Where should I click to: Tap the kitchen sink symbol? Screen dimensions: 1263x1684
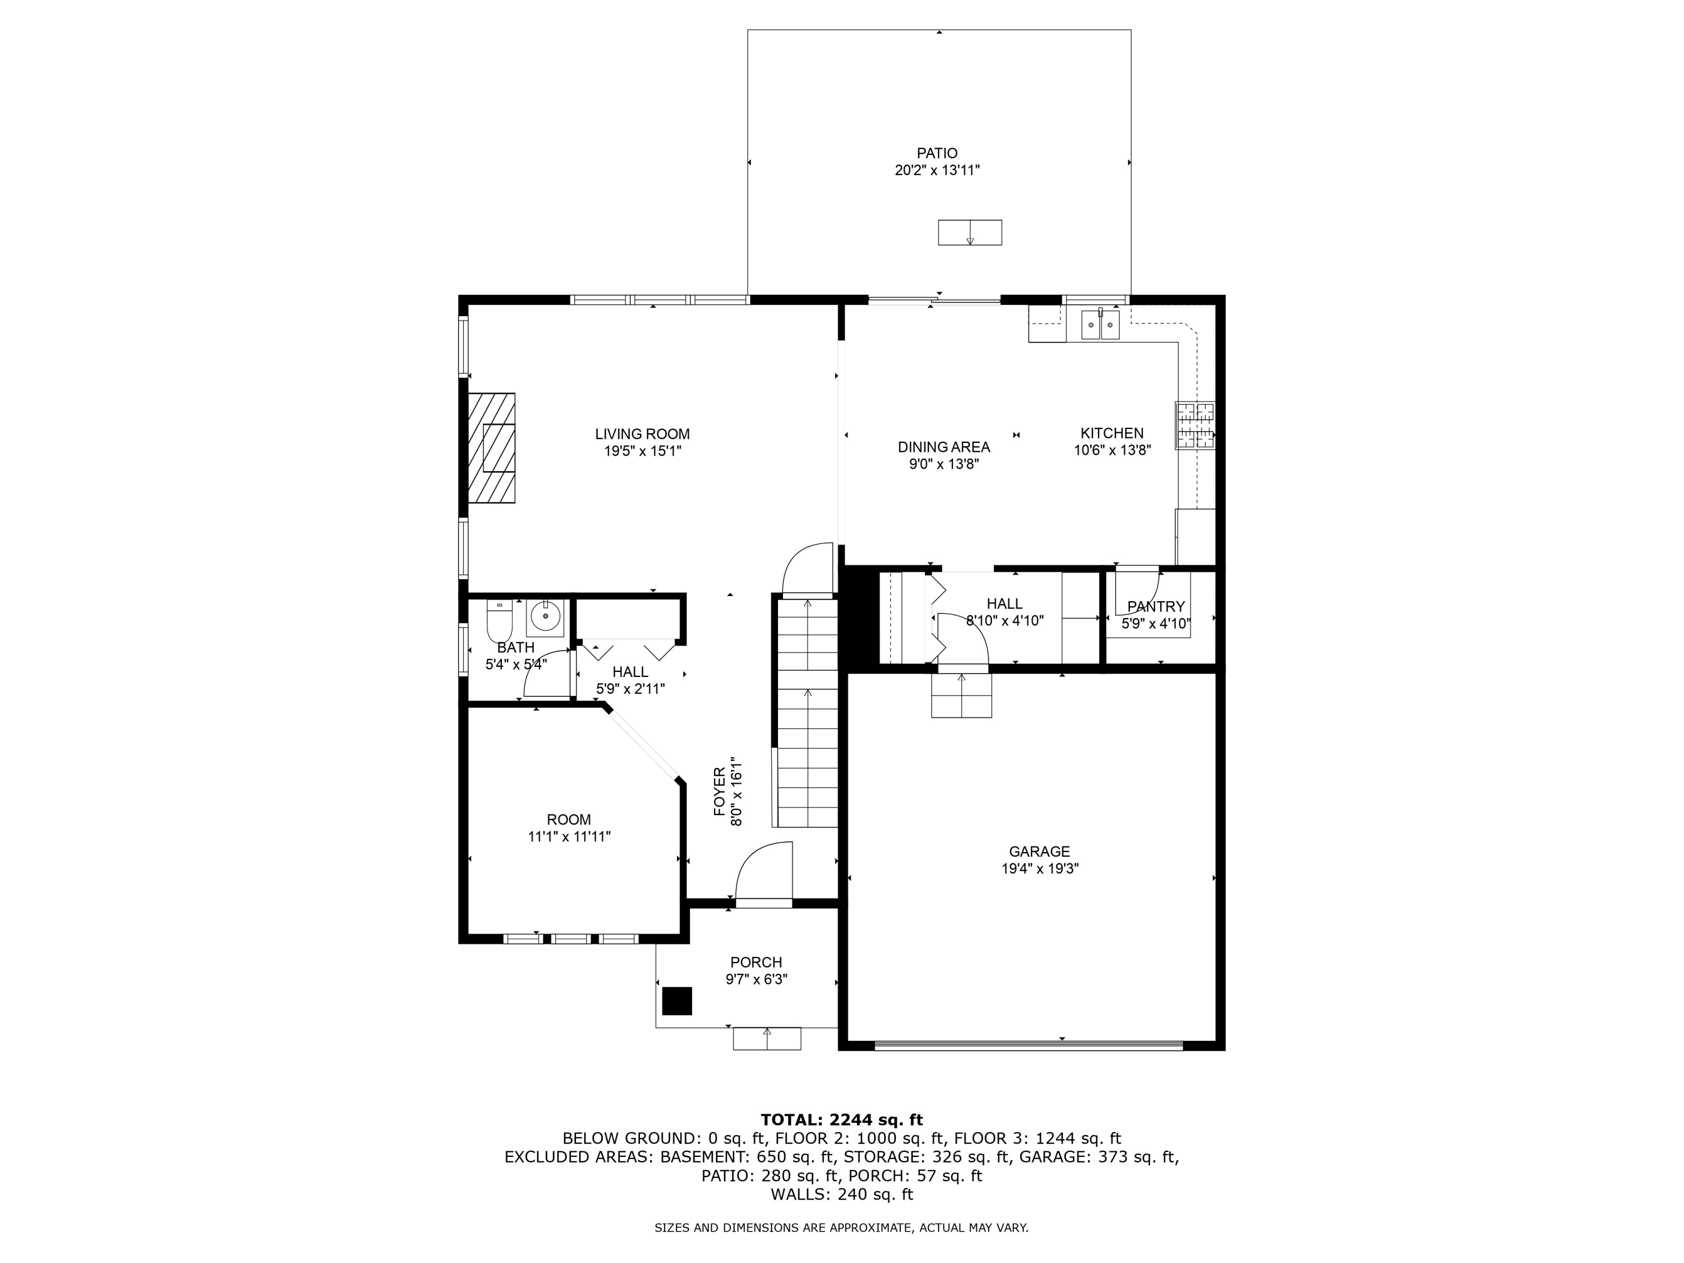1100,325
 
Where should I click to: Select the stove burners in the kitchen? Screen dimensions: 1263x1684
1195,425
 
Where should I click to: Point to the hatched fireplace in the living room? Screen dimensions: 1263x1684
491,447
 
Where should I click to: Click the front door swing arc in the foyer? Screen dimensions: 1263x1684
763,872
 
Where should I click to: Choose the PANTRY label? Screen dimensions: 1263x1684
1156,606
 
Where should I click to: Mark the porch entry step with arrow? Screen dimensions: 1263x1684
767,1038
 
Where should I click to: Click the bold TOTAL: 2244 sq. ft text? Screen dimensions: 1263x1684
841,1119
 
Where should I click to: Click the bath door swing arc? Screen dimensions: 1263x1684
546,672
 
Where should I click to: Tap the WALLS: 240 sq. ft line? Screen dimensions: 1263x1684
841,1195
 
